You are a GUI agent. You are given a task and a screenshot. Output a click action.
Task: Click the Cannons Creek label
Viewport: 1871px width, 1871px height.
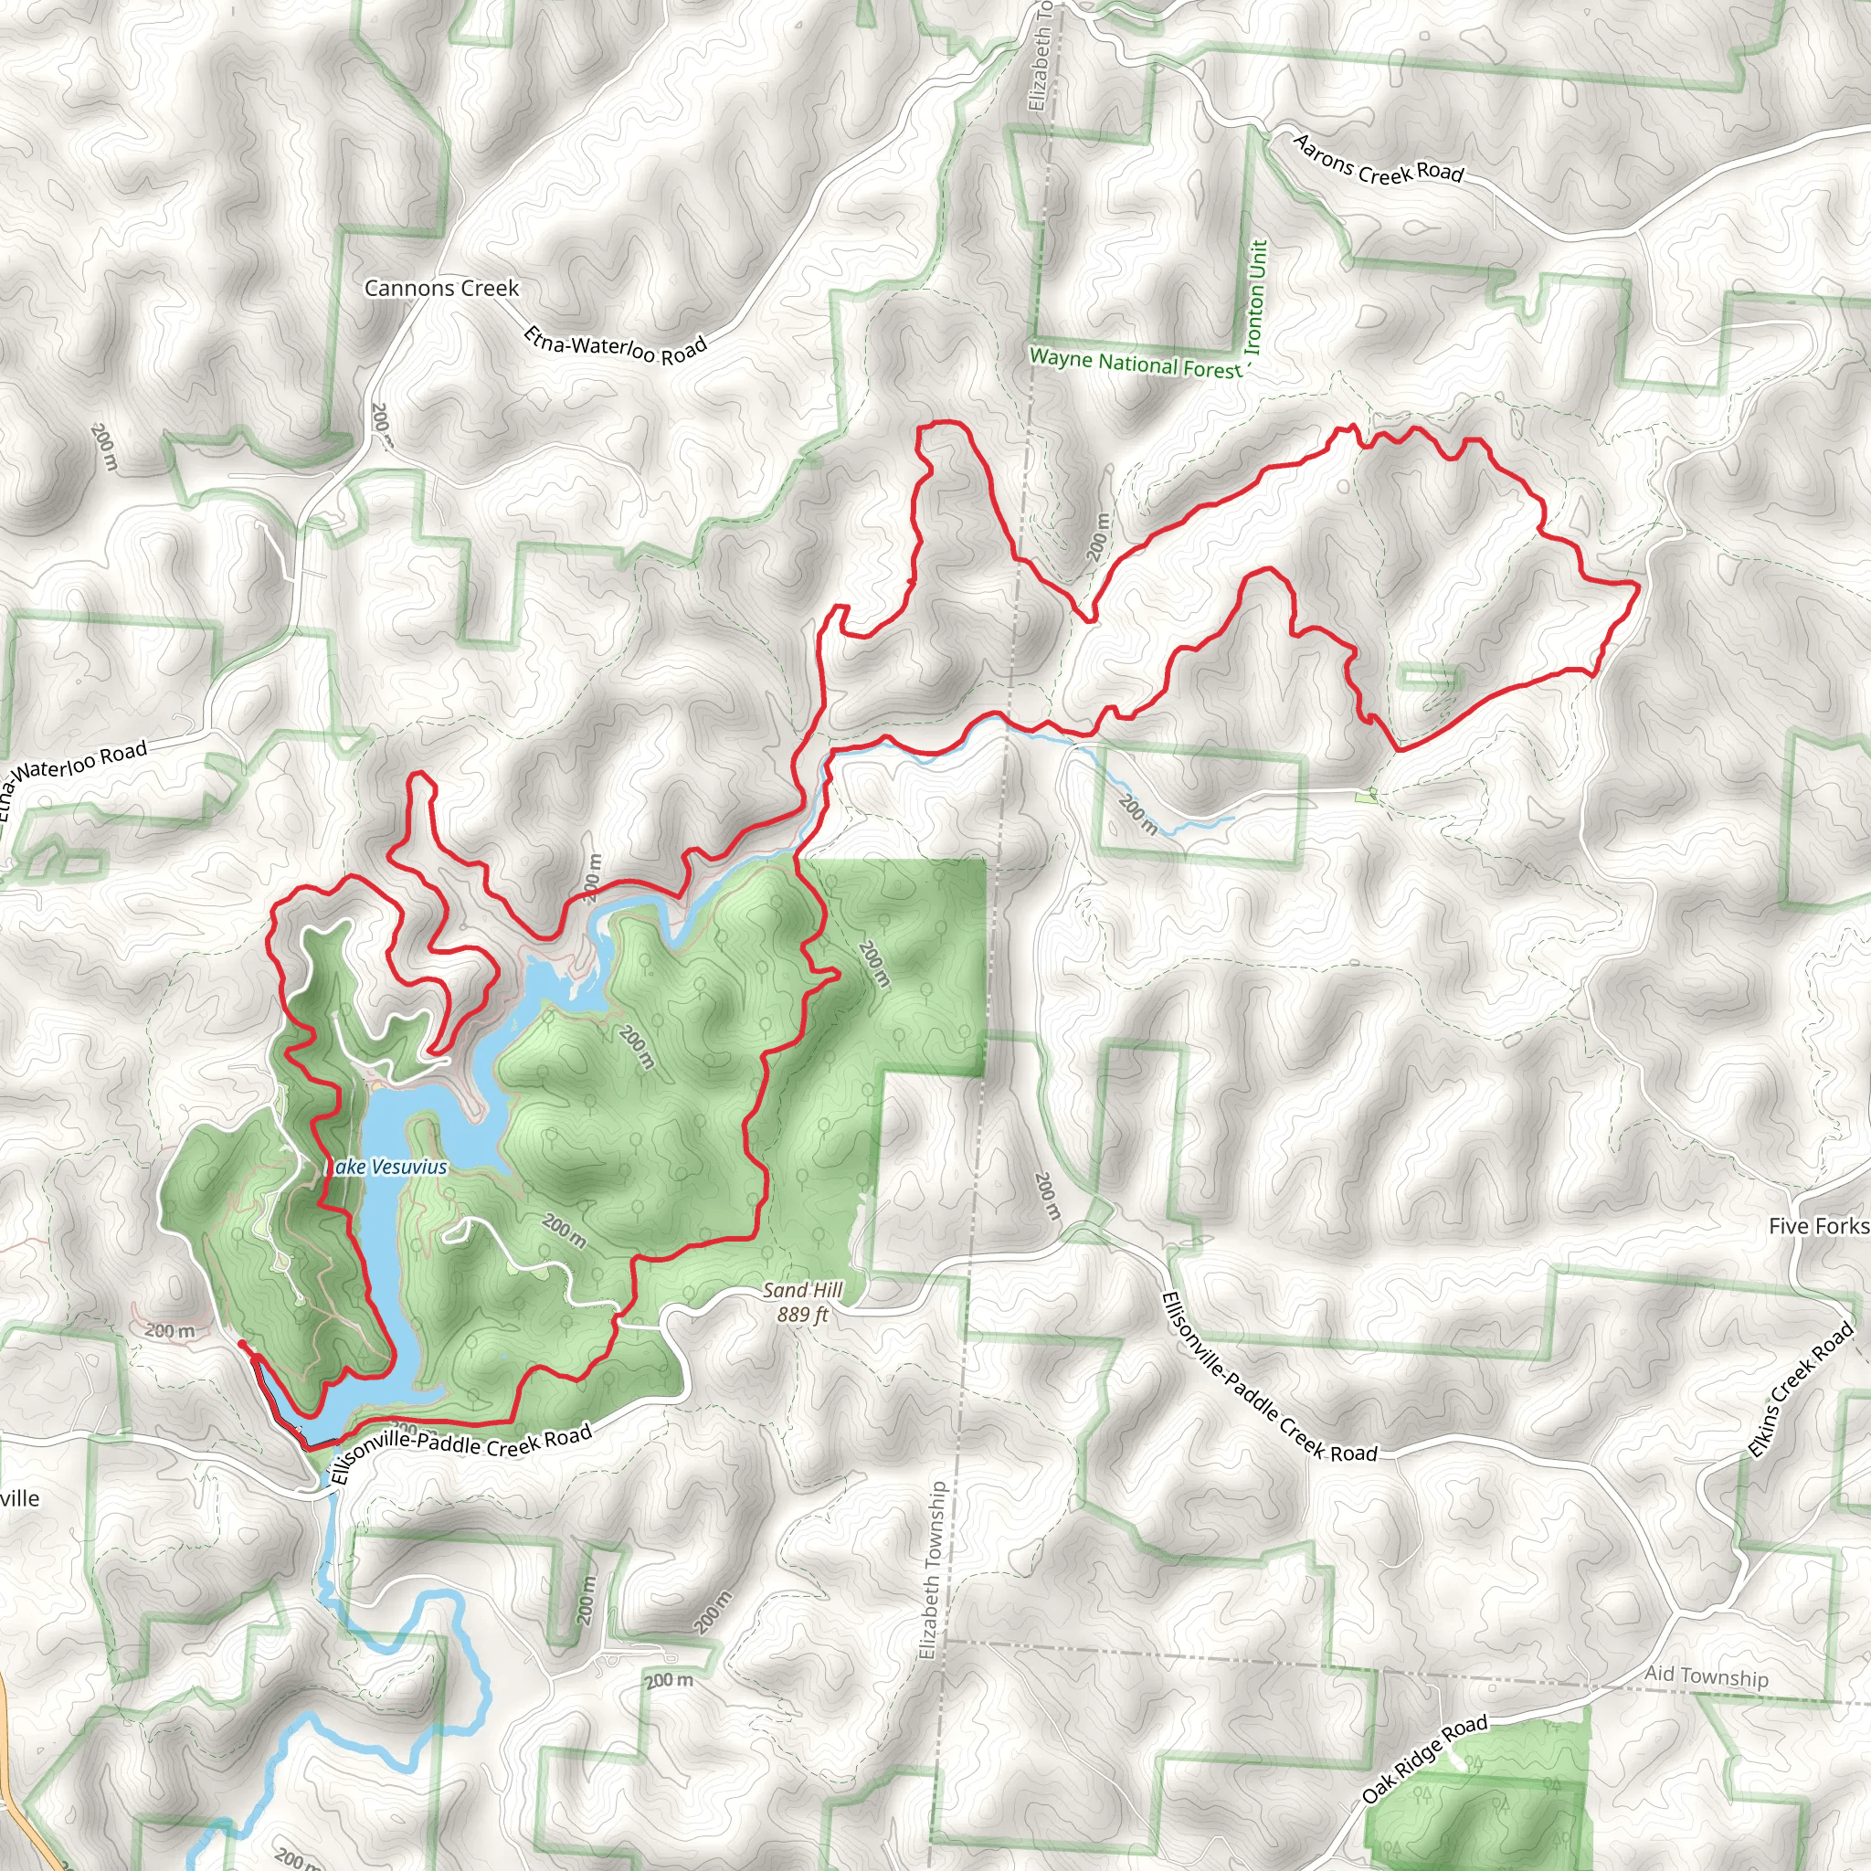pyautogui.click(x=441, y=289)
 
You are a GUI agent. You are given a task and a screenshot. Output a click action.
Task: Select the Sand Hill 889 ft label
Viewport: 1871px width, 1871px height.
pyautogui.click(x=802, y=1303)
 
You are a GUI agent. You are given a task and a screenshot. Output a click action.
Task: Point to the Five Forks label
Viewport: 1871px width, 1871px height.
pyautogui.click(x=1818, y=1226)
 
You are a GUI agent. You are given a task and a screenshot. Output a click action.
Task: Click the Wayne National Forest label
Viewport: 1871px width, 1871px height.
pyautogui.click(x=1135, y=364)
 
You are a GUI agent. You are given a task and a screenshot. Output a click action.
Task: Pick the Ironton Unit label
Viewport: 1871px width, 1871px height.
pyautogui.click(x=1255, y=296)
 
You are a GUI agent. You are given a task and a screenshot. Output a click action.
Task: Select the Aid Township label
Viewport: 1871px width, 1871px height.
pyautogui.click(x=1707, y=1676)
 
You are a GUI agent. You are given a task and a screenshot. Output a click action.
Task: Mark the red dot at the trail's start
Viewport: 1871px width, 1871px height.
pyautogui.click(x=240, y=1344)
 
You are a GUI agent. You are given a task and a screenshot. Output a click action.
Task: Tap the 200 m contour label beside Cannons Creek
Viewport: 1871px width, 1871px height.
pyautogui.click(x=381, y=424)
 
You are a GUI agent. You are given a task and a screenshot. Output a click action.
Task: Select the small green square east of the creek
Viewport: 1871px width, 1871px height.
pyautogui.click(x=1367, y=796)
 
